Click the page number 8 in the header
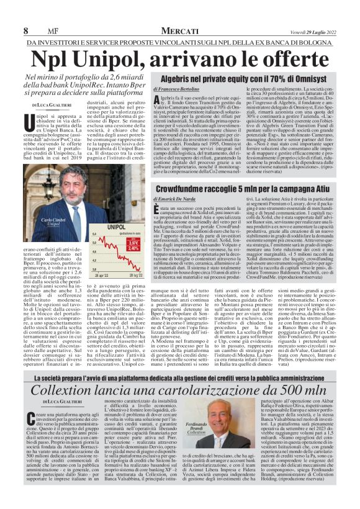coord(25,30)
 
